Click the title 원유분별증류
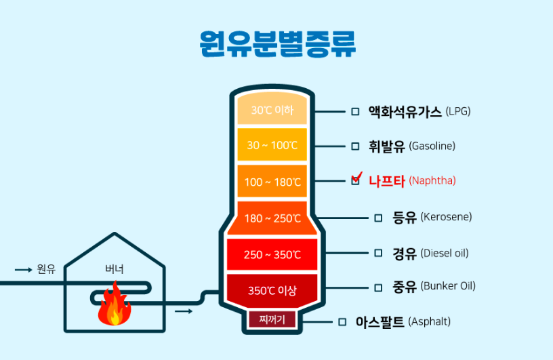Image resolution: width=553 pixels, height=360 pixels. (277, 45)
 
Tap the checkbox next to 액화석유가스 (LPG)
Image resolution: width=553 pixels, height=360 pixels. (355, 111)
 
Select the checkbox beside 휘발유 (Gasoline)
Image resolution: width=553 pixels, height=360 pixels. (355, 146)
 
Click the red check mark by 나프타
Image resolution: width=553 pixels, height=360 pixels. (357, 178)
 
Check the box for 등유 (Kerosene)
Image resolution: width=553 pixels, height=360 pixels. (378, 218)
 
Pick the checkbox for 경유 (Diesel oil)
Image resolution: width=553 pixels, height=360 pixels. (378, 253)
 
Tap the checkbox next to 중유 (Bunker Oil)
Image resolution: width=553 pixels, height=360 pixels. (378, 286)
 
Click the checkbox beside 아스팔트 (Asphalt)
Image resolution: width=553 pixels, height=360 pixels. (342, 321)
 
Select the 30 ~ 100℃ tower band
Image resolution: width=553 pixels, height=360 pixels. (272, 145)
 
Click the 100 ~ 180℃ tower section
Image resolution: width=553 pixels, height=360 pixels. (272, 182)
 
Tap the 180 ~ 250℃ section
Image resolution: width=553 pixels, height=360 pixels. (272, 218)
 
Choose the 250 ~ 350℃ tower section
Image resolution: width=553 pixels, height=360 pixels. (272, 255)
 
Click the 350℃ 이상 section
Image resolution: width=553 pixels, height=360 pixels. (272, 290)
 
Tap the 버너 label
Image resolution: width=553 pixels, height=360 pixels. (114, 269)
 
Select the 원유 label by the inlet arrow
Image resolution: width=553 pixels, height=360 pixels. (46, 269)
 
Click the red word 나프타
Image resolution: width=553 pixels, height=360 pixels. (386, 181)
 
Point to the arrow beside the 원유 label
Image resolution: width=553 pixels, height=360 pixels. (24, 270)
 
